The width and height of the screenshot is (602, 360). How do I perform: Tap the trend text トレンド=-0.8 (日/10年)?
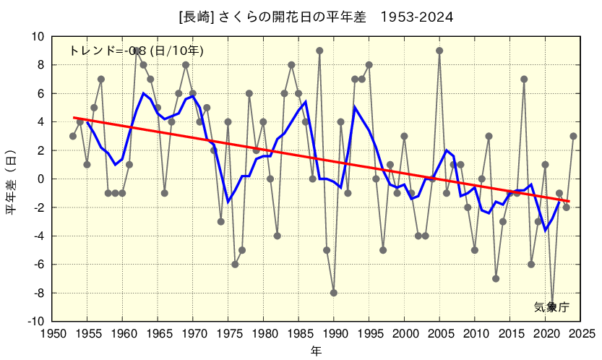[136, 51]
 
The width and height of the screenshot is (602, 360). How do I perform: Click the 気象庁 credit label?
[551, 307]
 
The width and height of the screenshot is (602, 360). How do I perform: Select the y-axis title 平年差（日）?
[12, 179]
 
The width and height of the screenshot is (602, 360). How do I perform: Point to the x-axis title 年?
[317, 351]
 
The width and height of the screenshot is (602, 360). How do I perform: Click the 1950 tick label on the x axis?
[51, 334]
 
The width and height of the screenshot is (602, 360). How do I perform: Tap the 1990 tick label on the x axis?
[334, 334]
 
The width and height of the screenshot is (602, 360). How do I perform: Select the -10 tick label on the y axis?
[35, 322]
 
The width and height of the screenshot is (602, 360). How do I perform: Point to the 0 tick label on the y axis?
[41, 179]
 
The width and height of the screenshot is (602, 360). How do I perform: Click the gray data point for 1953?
[73, 136]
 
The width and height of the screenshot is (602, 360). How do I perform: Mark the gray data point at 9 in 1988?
[319, 51]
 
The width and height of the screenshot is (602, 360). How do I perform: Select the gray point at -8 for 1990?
[334, 293]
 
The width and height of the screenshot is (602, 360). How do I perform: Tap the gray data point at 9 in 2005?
[439, 51]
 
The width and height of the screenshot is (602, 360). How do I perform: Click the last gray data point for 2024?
[573, 136]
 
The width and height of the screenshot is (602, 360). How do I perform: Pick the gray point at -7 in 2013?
[496, 278]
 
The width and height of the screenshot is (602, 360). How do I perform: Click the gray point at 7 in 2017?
[524, 79]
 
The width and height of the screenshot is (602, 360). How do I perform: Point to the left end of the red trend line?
[73, 117]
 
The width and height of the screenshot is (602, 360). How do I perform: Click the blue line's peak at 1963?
[144, 93]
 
